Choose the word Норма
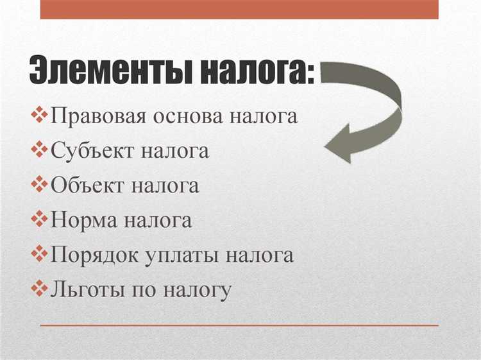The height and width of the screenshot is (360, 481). click(x=83, y=221)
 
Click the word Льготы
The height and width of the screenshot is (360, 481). click(x=86, y=290)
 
